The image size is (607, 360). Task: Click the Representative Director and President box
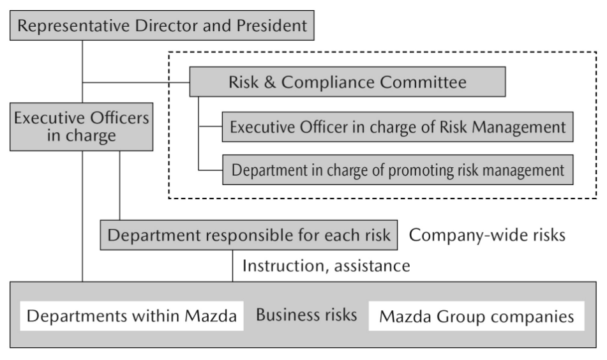click(x=162, y=26)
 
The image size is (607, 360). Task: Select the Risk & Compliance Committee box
click(x=347, y=82)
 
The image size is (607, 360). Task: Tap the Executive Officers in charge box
click(x=81, y=126)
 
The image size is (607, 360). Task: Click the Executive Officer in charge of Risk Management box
click(x=398, y=127)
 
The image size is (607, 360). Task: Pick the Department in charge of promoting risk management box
click(x=398, y=170)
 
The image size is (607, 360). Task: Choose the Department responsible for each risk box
click(x=248, y=235)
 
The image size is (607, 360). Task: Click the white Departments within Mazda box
click(x=131, y=316)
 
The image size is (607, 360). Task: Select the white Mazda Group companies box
click(x=476, y=316)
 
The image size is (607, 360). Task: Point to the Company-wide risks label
click(x=487, y=235)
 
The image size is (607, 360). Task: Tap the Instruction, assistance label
click(x=326, y=266)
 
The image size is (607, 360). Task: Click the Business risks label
click(x=306, y=315)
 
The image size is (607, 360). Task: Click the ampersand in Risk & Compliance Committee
click(x=269, y=82)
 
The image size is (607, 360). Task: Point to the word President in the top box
click(x=271, y=26)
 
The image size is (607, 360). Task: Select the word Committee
click(x=423, y=82)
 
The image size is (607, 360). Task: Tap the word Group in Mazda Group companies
click(x=460, y=317)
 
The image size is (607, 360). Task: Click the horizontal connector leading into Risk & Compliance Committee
click(x=136, y=82)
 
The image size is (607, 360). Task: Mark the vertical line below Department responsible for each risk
click(x=233, y=266)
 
